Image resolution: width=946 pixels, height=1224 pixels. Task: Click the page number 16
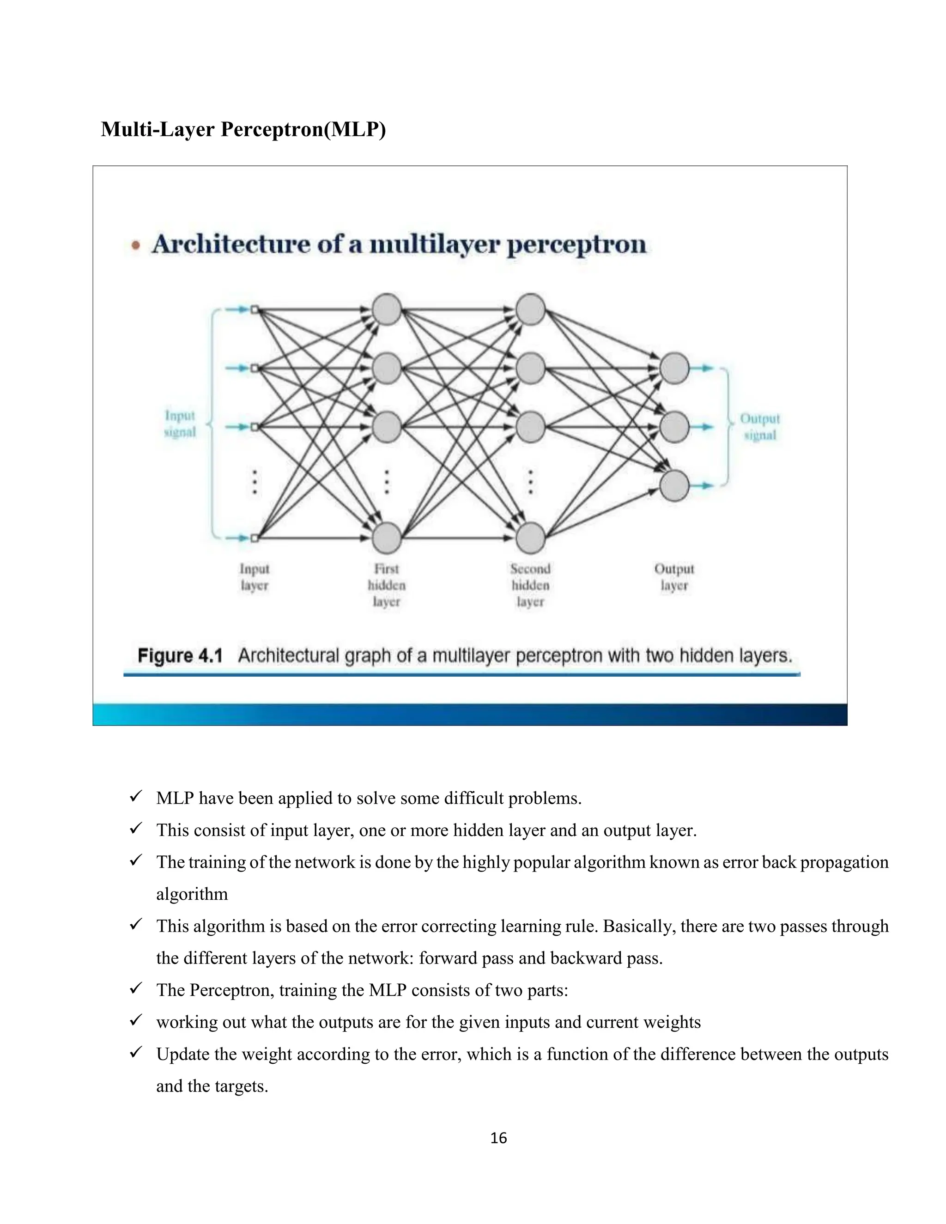click(498, 1138)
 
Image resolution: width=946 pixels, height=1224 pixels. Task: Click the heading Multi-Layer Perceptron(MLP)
click(243, 129)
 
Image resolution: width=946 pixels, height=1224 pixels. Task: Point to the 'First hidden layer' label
click(387, 585)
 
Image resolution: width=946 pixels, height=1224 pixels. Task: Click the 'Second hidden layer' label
click(530, 585)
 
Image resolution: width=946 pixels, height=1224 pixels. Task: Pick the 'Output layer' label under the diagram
click(674, 577)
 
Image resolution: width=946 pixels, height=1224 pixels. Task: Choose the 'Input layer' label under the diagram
click(255, 577)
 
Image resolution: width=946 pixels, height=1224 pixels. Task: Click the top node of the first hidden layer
click(387, 309)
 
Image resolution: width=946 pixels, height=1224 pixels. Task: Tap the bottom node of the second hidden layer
click(530, 538)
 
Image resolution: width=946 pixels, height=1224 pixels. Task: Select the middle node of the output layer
click(674, 427)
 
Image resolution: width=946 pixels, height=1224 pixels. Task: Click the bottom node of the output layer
click(674, 485)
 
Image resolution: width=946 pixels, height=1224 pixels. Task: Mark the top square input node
click(255, 309)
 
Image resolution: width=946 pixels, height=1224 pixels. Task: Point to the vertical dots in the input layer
click(255, 482)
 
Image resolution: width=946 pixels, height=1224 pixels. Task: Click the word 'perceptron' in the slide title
click(576, 245)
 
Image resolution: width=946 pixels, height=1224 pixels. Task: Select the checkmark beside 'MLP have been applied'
click(136, 796)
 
